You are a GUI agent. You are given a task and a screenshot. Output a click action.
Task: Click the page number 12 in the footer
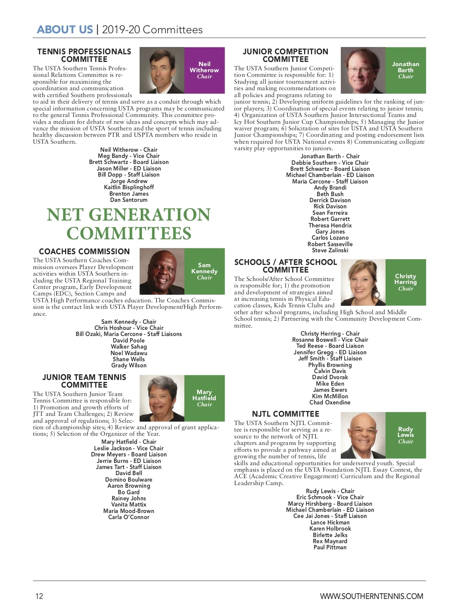click(x=39, y=596)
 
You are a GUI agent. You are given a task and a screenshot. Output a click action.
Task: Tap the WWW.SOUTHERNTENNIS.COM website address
click(x=371, y=596)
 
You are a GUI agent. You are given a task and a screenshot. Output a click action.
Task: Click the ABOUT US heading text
click(x=65, y=30)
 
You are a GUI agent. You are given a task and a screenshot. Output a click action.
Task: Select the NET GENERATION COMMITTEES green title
click(x=129, y=224)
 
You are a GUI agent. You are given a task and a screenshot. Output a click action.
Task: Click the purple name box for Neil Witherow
click(x=204, y=70)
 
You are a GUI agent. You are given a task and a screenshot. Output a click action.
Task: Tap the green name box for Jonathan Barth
click(x=405, y=70)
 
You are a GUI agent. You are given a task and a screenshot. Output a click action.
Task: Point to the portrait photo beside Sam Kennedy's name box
click(x=162, y=271)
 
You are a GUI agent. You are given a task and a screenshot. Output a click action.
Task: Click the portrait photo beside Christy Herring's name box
click(x=363, y=282)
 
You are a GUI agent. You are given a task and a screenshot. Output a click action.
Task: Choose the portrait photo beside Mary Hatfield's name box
click(x=162, y=398)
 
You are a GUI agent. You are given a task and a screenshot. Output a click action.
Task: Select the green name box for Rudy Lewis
click(x=405, y=435)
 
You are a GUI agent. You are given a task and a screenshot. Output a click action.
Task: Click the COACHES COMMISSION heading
click(x=84, y=252)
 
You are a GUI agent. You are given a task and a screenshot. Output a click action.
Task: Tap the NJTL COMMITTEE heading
click(x=285, y=414)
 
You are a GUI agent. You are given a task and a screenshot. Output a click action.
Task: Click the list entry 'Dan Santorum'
click(x=129, y=200)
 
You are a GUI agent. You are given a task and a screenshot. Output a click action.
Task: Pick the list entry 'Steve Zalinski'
click(x=330, y=250)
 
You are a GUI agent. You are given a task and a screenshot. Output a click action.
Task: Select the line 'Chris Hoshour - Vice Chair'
click(x=129, y=328)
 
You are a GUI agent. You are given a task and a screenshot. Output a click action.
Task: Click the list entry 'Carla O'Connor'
click(x=129, y=517)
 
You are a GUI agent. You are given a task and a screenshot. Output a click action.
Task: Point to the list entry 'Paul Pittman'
click(x=330, y=547)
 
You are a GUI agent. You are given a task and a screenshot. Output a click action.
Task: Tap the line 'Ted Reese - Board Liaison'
click(x=330, y=346)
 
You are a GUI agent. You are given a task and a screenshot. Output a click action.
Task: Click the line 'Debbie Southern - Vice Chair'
click(x=330, y=162)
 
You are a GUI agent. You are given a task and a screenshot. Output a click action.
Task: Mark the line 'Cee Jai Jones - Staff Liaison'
click(x=330, y=516)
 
